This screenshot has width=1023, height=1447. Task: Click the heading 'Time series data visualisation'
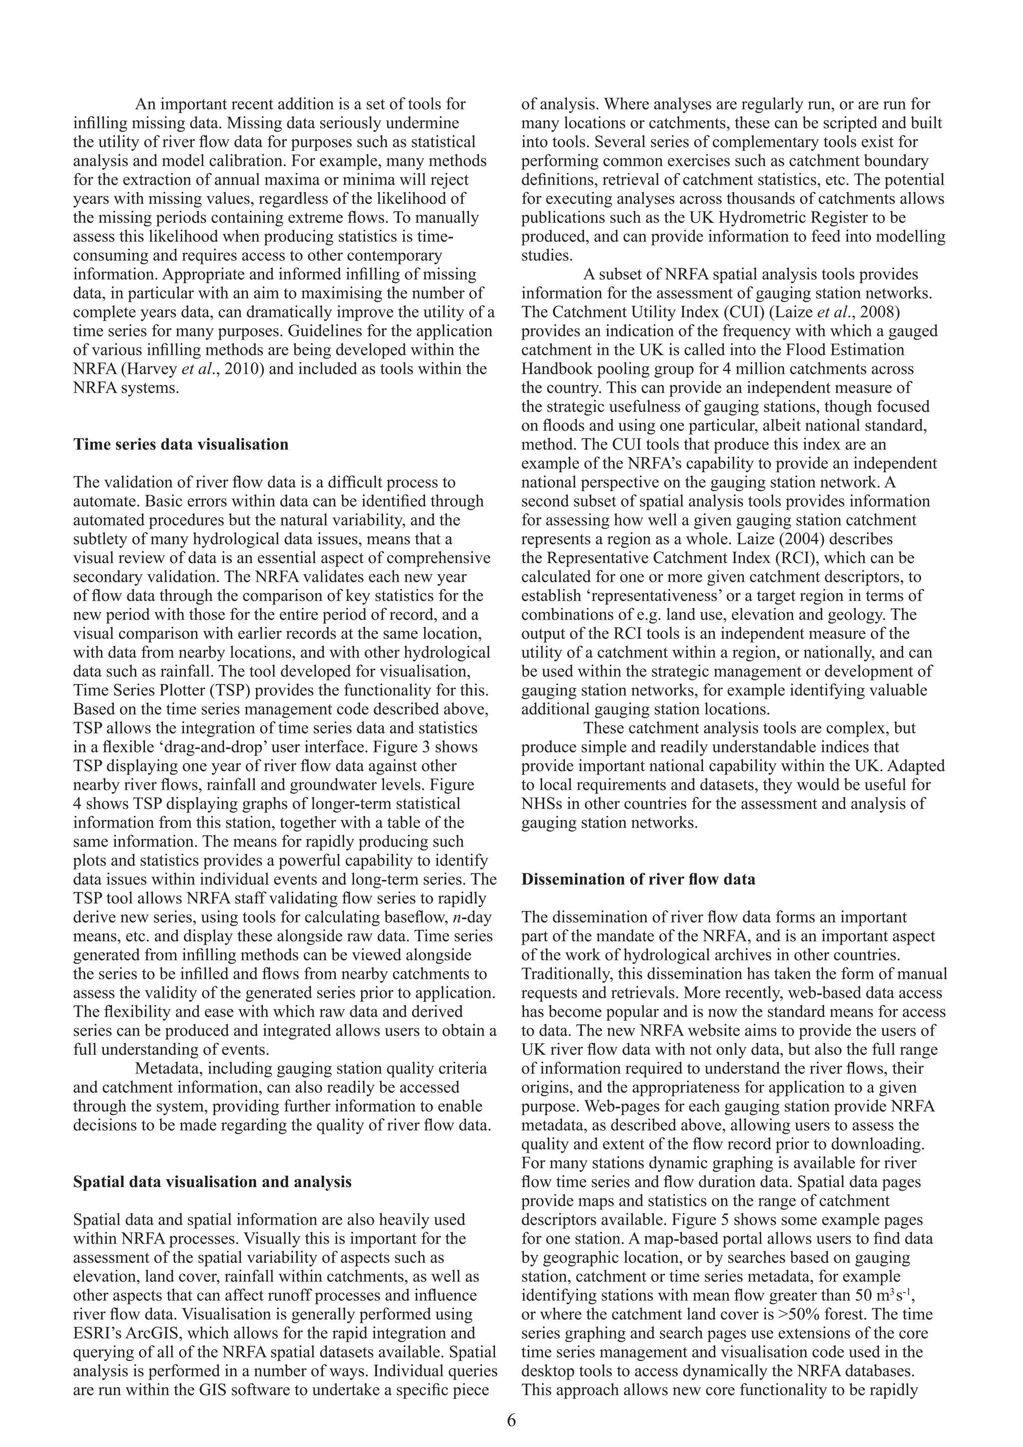[x=181, y=444]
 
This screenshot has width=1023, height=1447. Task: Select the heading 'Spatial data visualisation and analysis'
[x=212, y=1182]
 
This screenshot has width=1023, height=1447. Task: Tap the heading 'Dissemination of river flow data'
[x=638, y=879]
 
